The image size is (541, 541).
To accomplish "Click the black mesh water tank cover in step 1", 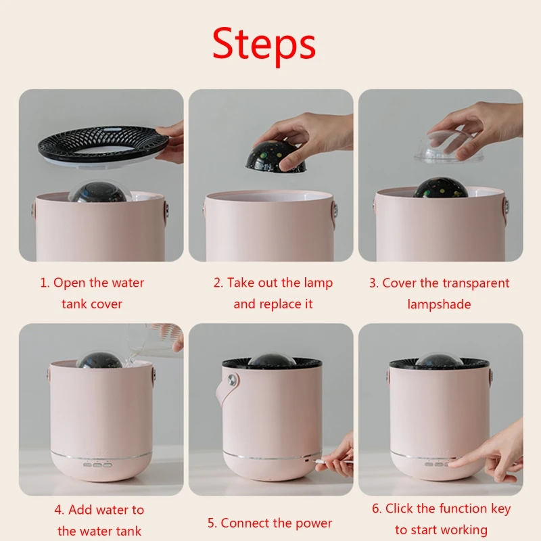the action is coord(103,143).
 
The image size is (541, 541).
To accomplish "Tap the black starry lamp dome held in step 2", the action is coord(275,158).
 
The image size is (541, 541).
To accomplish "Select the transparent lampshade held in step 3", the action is coord(445,147).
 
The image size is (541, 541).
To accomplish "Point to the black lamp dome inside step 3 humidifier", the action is coord(441,188).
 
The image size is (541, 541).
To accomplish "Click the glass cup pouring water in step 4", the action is coord(151,341).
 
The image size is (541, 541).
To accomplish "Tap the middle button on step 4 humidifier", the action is coord(97,465).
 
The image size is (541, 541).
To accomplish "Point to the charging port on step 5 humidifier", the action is coord(307,460).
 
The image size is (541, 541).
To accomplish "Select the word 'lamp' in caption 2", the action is coord(318,283).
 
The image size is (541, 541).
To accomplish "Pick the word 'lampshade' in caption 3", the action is coord(439,304).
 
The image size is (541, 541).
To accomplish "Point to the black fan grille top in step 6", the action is coord(439,362).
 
